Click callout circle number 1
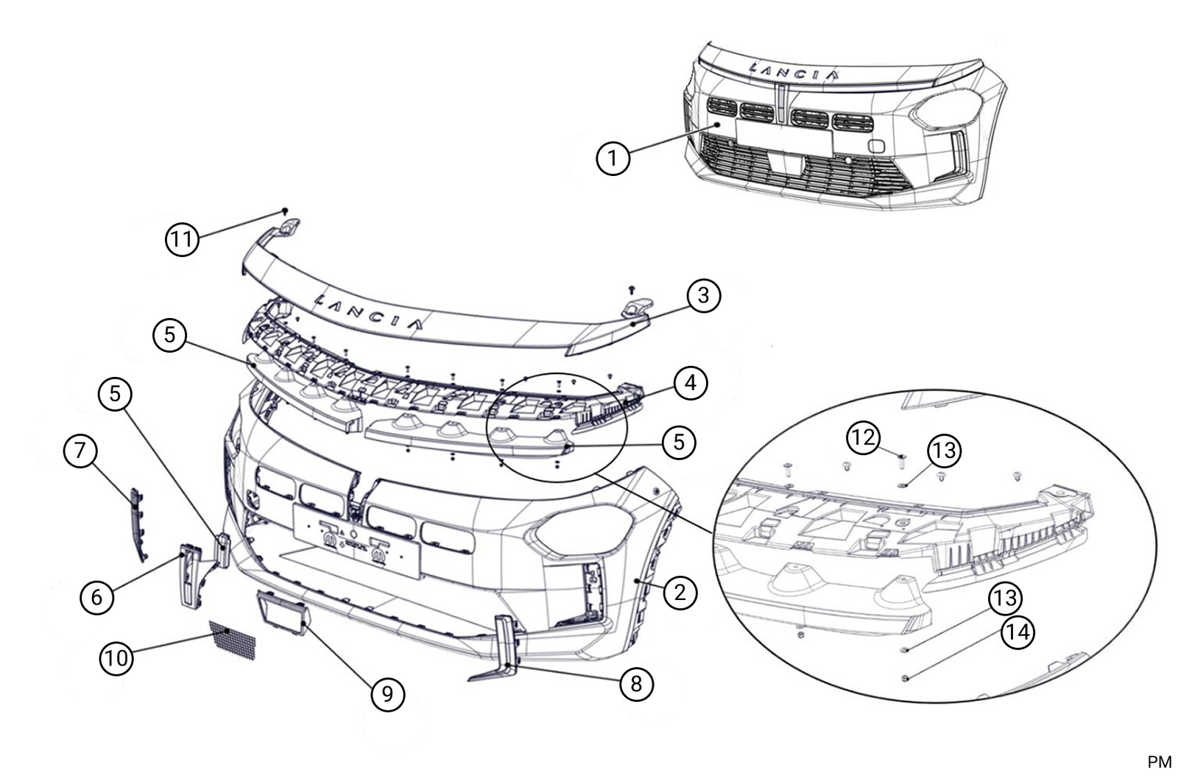tap(613, 158)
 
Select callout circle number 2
tap(679, 592)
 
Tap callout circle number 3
tap(703, 295)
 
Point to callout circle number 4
tap(690, 383)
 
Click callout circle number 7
tap(80, 450)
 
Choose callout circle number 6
tap(96, 596)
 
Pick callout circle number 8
tap(635, 684)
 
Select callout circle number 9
tap(387, 694)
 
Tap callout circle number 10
tap(116, 657)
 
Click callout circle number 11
tap(182, 239)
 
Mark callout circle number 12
tap(863, 438)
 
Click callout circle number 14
tap(1018, 632)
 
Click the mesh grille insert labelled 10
tap(233, 640)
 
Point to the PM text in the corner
tap(1159, 761)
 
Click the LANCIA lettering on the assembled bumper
tap(794, 71)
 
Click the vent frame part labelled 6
tap(191, 576)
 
